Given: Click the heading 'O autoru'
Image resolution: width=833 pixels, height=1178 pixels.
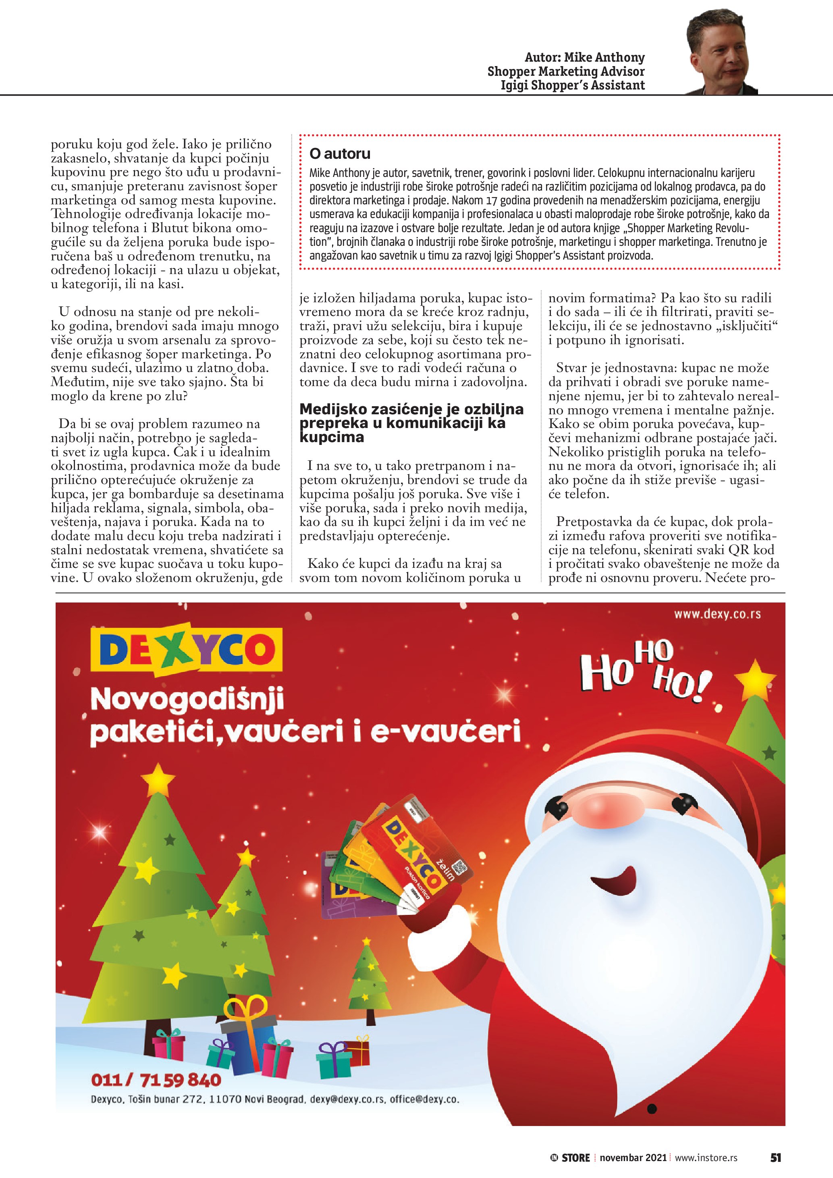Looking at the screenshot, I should (340, 154).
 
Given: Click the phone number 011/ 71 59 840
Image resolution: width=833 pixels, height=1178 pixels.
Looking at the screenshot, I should (156, 1080).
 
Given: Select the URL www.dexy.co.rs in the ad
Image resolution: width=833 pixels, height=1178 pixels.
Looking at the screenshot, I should (717, 614).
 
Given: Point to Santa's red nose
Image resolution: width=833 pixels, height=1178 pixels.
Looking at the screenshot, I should (622, 812).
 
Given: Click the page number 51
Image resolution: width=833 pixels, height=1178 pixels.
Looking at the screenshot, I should (775, 1157).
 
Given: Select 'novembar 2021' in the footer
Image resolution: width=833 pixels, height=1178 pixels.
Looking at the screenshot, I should (633, 1158).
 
